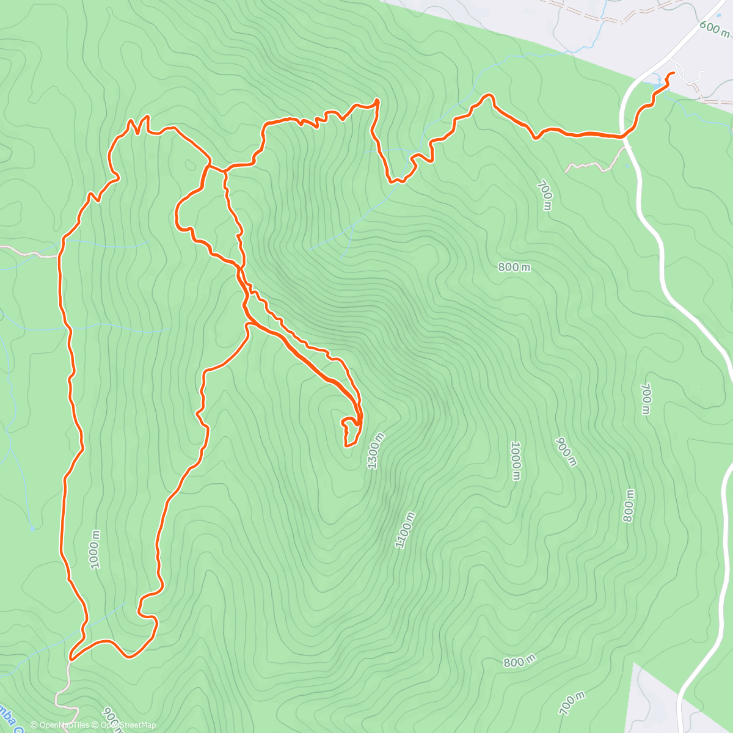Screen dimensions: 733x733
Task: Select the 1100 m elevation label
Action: point(405,530)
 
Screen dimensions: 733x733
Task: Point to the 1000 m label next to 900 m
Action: point(516,461)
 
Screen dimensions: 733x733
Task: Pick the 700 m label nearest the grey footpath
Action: point(545,195)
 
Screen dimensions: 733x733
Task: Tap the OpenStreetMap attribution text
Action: point(128,725)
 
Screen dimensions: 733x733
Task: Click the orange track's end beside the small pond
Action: point(673,74)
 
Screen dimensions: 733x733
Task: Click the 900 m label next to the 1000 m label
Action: point(565,451)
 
